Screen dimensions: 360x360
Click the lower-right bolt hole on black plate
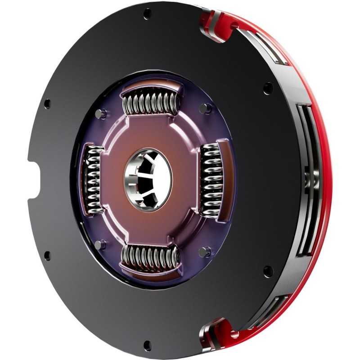tap(267, 271)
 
